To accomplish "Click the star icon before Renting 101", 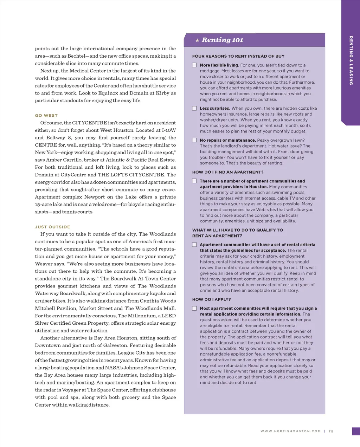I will (197, 40).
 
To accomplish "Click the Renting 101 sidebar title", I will (222, 40).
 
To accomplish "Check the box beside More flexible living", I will (194, 65).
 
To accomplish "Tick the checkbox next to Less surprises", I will (194, 108).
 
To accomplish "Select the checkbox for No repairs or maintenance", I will (194, 140).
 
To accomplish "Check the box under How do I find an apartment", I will (194, 181).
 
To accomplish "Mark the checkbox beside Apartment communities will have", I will (194, 245).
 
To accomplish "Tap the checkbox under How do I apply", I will (194, 308).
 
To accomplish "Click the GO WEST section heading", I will (46, 116).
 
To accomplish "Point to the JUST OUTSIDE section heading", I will (52, 227).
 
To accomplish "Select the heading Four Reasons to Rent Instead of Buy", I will (238, 56).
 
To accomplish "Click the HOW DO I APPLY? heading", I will (211, 299).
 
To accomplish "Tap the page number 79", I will (331, 431).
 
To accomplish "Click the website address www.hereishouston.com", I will (290, 431).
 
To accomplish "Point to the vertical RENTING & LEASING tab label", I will (351, 60).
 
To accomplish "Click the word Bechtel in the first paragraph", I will (76, 56).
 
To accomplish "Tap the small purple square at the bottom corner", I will (356, 431).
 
